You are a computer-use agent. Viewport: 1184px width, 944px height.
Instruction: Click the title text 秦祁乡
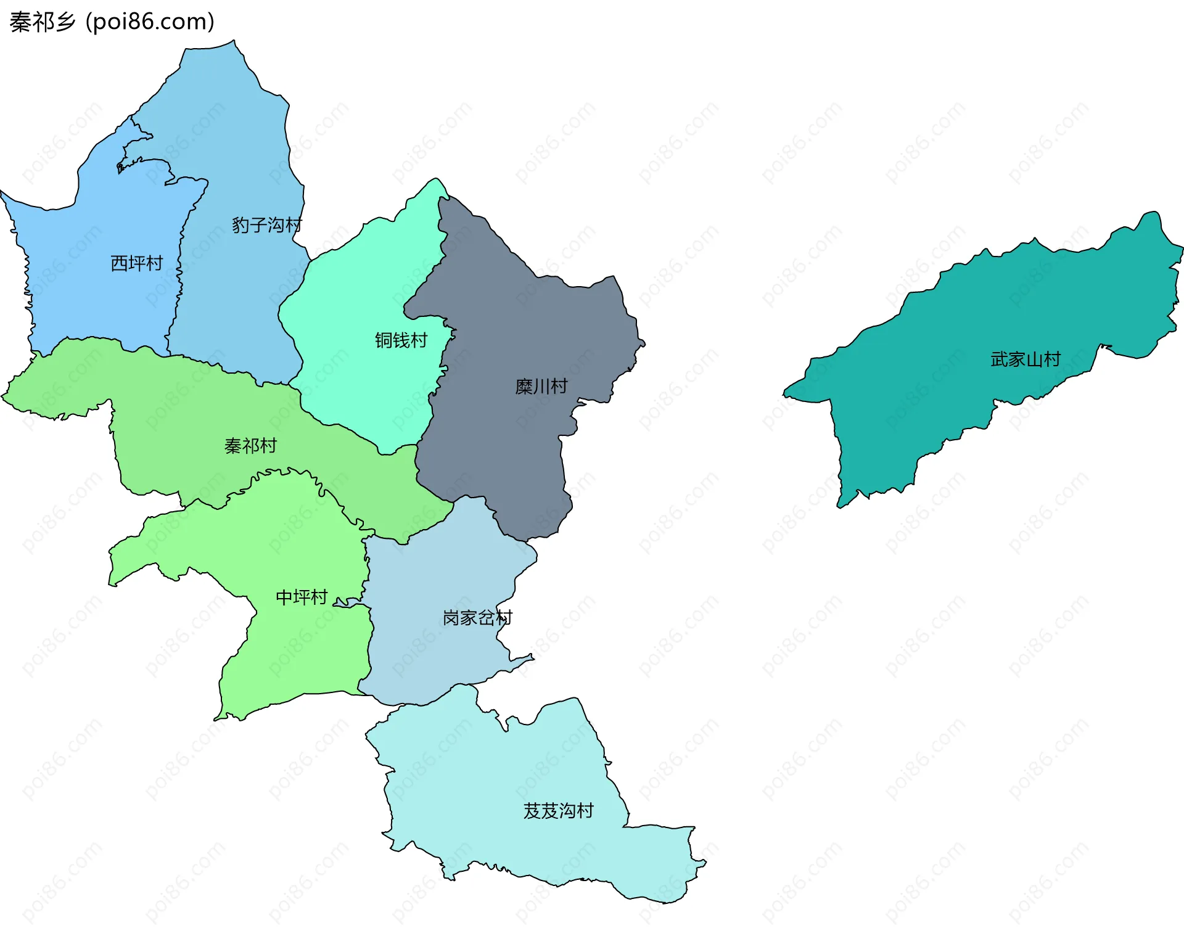click(x=42, y=22)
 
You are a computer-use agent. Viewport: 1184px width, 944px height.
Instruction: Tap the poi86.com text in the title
click(x=150, y=22)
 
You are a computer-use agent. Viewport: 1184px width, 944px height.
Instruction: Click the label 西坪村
click(x=136, y=263)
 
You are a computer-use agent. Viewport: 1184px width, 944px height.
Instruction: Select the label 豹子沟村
click(x=266, y=225)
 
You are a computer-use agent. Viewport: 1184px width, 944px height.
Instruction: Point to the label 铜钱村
click(x=401, y=340)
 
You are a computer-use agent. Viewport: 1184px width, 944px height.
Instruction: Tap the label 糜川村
click(x=541, y=387)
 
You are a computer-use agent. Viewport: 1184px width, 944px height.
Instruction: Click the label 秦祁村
click(x=250, y=446)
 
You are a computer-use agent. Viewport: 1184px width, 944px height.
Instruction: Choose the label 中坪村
click(x=301, y=597)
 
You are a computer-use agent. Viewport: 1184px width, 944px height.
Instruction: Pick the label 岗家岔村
click(x=477, y=617)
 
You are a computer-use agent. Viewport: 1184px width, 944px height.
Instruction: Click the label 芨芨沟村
click(x=558, y=810)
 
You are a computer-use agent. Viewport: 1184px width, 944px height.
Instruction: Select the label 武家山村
click(x=1025, y=359)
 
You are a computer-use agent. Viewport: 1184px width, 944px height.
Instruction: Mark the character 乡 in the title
click(x=65, y=22)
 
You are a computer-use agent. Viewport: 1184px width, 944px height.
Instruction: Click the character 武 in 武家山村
click(x=999, y=359)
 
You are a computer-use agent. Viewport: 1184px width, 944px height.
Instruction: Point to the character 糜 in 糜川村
click(x=524, y=387)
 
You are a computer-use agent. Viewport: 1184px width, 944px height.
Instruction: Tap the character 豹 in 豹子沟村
click(x=240, y=225)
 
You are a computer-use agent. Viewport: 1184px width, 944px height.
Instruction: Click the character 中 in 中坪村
click(x=284, y=597)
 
